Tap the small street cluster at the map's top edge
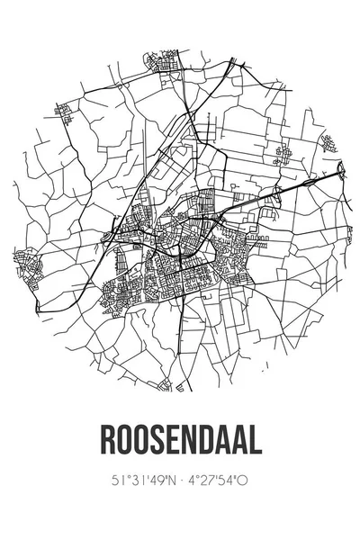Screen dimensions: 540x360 click(x=159, y=63)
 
